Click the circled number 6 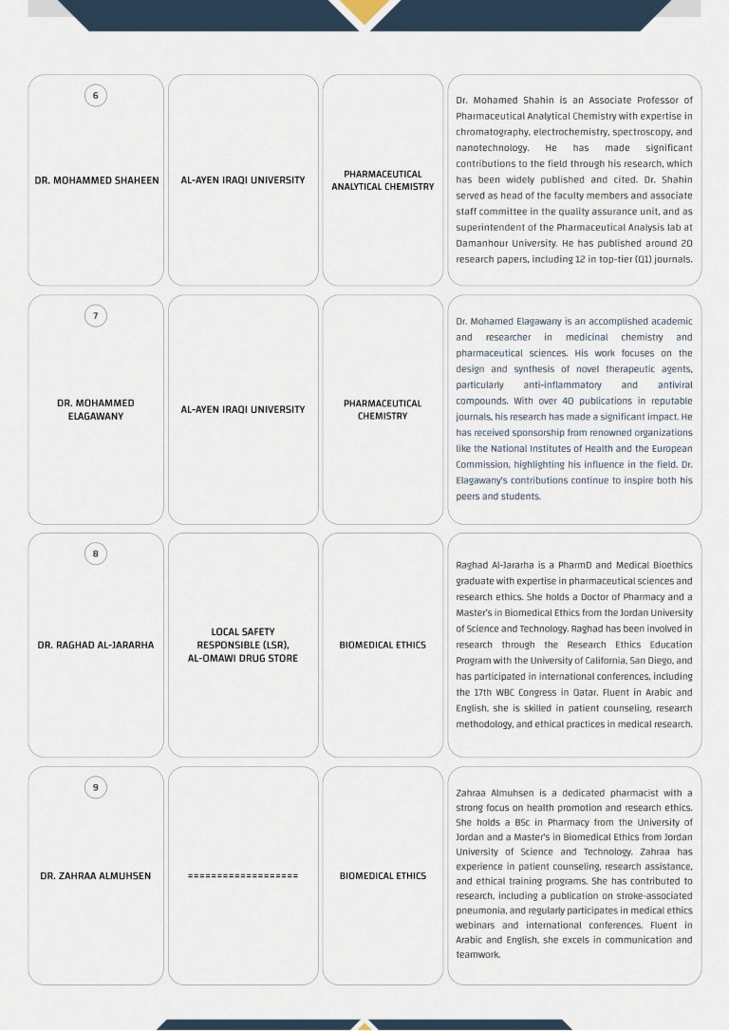[x=95, y=95]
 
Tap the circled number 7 [x=95, y=315]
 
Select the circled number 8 [x=95, y=553]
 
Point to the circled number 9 [x=95, y=787]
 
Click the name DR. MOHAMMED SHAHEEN [x=97, y=180]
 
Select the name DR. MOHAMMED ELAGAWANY [x=96, y=409]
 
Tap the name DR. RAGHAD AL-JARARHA [x=96, y=646]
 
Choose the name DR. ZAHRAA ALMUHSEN [x=96, y=876]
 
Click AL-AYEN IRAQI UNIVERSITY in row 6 [x=243, y=180]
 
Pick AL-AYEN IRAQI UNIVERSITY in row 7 [x=243, y=410]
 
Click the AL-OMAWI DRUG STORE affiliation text [x=243, y=658]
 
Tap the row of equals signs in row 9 [x=243, y=876]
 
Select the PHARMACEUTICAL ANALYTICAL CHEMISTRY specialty [x=383, y=180]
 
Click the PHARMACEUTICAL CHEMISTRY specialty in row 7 [x=383, y=409]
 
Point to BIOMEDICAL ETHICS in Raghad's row [x=383, y=646]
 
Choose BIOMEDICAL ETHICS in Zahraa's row [x=383, y=876]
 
